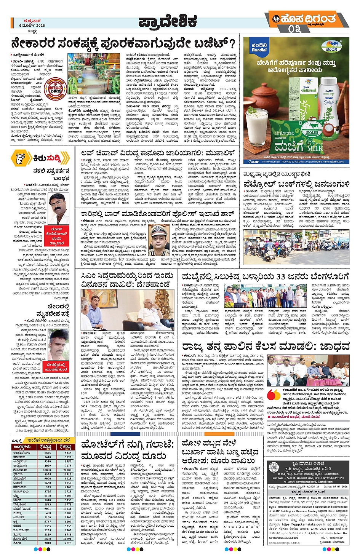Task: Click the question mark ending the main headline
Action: [x=232, y=43]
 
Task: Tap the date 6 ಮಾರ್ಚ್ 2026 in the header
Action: [x=32, y=26]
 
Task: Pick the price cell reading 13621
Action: [x=68, y=508]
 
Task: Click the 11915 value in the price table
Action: [x=68, y=474]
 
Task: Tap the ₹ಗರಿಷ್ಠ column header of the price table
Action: [x=65, y=447]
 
